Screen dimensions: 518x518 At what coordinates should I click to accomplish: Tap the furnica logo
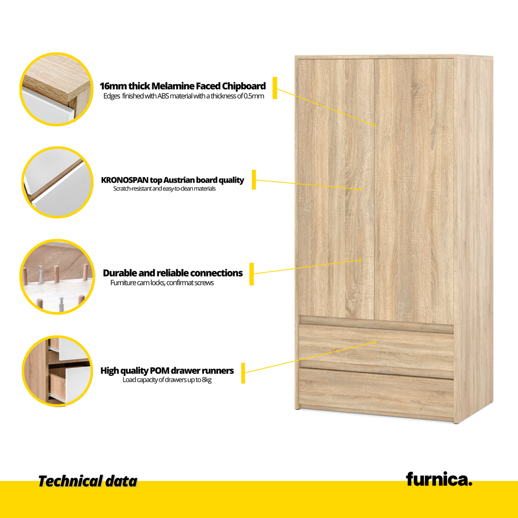(439, 479)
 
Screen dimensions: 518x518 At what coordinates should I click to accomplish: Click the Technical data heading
(88, 482)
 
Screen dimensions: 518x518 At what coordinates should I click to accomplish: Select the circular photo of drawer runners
(57, 371)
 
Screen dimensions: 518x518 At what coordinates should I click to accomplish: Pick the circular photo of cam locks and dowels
(57, 277)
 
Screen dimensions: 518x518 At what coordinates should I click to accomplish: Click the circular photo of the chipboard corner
(57, 89)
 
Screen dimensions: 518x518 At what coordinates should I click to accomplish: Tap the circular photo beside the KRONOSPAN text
(57, 182)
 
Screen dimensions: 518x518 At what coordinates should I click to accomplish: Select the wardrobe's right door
(414, 191)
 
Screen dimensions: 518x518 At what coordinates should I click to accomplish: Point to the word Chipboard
(244, 86)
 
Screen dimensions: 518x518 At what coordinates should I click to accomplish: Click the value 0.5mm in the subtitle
(254, 96)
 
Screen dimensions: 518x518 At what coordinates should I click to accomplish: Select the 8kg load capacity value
(206, 380)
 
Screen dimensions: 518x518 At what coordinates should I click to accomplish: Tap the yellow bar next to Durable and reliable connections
(251, 274)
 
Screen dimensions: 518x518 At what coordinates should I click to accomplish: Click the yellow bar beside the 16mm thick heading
(275, 88)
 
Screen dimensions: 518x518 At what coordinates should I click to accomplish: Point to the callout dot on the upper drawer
(375, 342)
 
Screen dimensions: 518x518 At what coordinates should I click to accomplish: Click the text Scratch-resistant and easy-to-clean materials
(164, 189)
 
